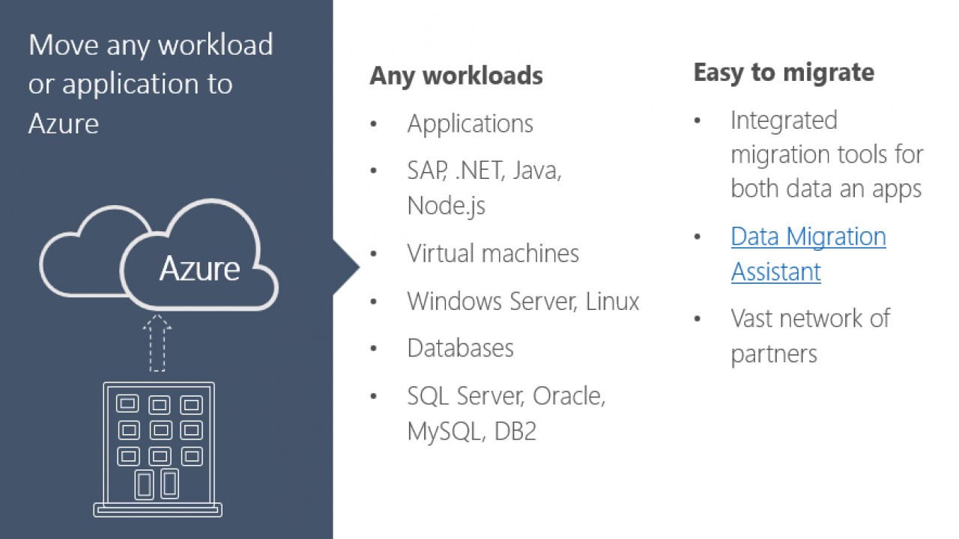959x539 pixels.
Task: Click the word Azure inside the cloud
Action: tap(199, 268)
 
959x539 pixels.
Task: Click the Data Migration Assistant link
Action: tap(808, 253)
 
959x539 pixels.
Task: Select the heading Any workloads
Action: tap(456, 76)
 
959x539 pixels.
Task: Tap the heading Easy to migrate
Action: tap(783, 73)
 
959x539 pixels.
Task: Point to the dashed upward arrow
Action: tap(157, 343)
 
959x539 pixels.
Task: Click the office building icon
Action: tap(158, 449)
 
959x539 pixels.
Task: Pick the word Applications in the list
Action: tap(470, 124)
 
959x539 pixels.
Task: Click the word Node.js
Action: tap(446, 206)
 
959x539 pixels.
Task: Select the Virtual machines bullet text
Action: tap(493, 253)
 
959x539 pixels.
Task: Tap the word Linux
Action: tap(612, 301)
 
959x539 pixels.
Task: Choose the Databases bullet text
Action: tap(460, 348)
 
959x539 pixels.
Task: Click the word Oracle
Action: tap(568, 396)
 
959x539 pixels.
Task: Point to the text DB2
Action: tap(515, 431)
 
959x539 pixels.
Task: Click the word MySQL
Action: tap(445, 431)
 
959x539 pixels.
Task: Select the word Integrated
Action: tap(784, 120)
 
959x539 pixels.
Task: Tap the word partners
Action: tap(773, 353)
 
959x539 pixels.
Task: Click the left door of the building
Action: tap(144, 484)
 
